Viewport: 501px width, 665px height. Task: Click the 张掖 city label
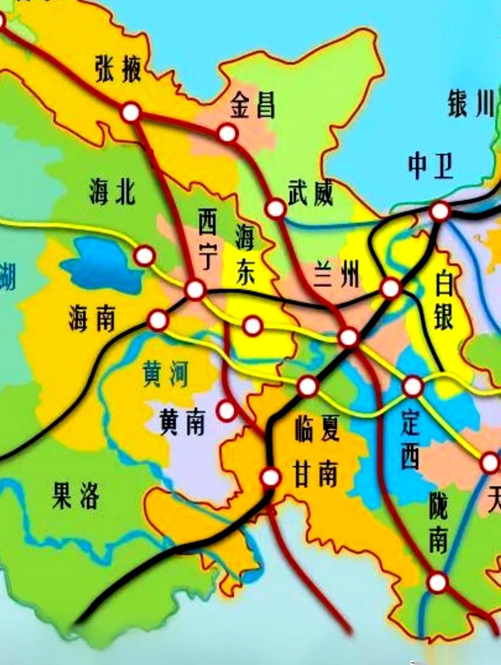click(118, 70)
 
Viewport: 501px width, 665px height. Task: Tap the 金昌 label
click(252, 105)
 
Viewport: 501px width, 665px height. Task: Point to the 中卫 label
click(430, 166)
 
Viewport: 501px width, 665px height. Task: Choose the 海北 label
click(112, 192)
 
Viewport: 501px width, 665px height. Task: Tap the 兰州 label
click(337, 274)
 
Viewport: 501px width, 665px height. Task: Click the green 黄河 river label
click(165, 374)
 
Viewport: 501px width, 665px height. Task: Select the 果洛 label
click(75, 496)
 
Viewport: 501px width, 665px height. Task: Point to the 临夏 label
click(317, 429)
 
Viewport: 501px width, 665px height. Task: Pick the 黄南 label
click(182, 422)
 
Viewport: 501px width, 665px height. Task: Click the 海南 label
click(92, 319)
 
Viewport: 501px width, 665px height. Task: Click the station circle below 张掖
click(131, 113)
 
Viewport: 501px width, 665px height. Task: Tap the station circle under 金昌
click(227, 133)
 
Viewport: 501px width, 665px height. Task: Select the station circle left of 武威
click(275, 209)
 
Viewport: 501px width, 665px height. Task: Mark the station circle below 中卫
click(440, 211)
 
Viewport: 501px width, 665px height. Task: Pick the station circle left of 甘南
click(271, 477)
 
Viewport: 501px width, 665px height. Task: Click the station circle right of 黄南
click(226, 411)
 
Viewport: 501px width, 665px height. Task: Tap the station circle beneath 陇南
click(438, 582)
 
